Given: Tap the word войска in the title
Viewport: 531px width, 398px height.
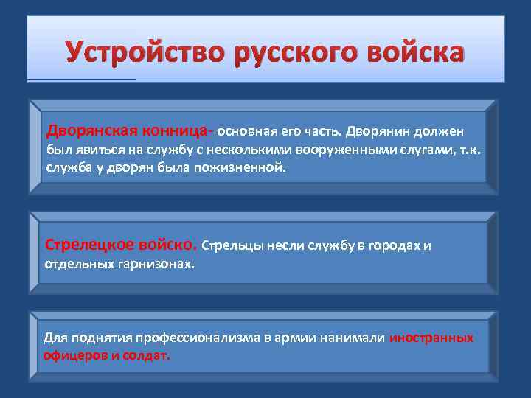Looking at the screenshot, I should [414, 52].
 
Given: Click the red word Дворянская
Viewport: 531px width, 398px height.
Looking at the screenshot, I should [90, 130].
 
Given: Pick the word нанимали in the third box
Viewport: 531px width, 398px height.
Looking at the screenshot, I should [354, 338].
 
